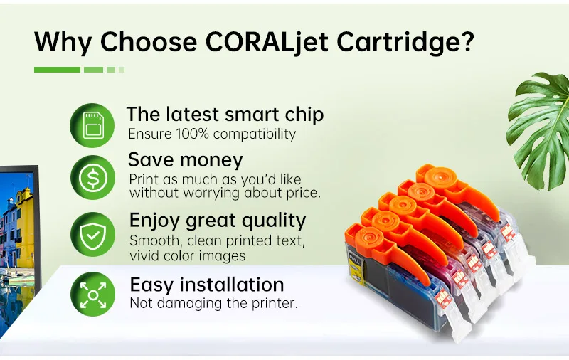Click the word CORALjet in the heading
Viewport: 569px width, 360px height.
(x=267, y=42)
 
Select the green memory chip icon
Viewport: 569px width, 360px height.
(x=92, y=125)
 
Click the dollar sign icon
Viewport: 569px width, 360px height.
(x=93, y=178)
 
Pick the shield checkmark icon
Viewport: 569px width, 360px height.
(x=93, y=235)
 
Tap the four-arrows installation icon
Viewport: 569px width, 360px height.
(x=93, y=294)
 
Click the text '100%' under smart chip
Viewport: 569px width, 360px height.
(x=192, y=134)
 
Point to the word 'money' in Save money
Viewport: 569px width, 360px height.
(x=211, y=160)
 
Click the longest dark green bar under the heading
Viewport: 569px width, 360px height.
(x=57, y=70)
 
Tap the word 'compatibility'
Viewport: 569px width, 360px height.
(x=255, y=134)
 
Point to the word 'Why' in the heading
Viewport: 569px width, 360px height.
(x=63, y=43)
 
